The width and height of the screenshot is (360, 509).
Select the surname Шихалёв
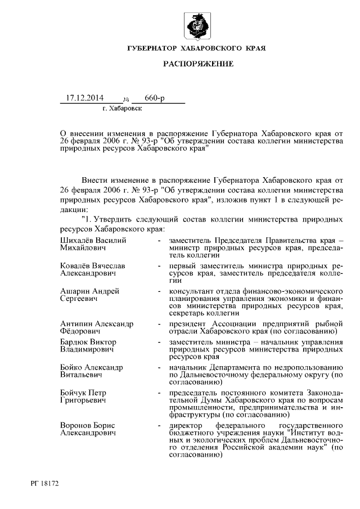[76, 240]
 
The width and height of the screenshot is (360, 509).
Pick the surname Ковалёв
[75, 265]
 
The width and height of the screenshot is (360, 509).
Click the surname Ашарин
[74, 291]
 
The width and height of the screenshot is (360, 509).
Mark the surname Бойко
[71, 367]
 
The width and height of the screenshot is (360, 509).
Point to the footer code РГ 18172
[46, 483]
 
